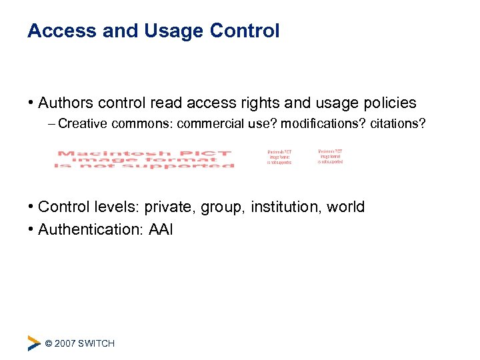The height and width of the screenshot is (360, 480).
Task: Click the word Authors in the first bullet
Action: [65, 103]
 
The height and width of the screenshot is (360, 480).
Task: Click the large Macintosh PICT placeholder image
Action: [144, 159]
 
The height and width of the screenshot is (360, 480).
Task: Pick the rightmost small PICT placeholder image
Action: [330, 156]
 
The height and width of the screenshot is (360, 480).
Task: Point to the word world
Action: [345, 207]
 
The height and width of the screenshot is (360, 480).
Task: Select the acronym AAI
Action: [160, 230]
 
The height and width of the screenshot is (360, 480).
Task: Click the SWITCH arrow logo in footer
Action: [33, 343]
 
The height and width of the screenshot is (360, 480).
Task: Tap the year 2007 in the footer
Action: [65, 343]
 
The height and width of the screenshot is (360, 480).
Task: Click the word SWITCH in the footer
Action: [96, 343]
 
